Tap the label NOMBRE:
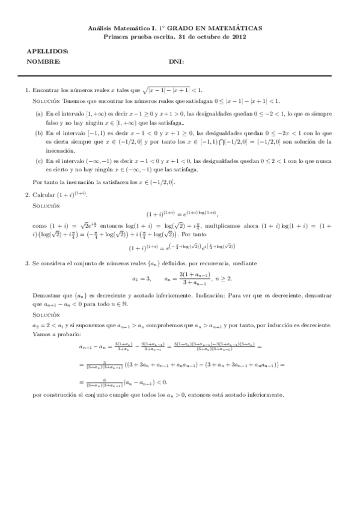(43, 61)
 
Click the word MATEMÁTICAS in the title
(237, 28)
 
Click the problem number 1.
(27, 90)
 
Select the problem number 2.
(27, 194)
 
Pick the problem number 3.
(27, 263)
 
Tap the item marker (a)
(39, 112)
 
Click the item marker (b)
(39, 132)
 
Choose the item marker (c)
(39, 161)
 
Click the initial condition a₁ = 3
(141, 278)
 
